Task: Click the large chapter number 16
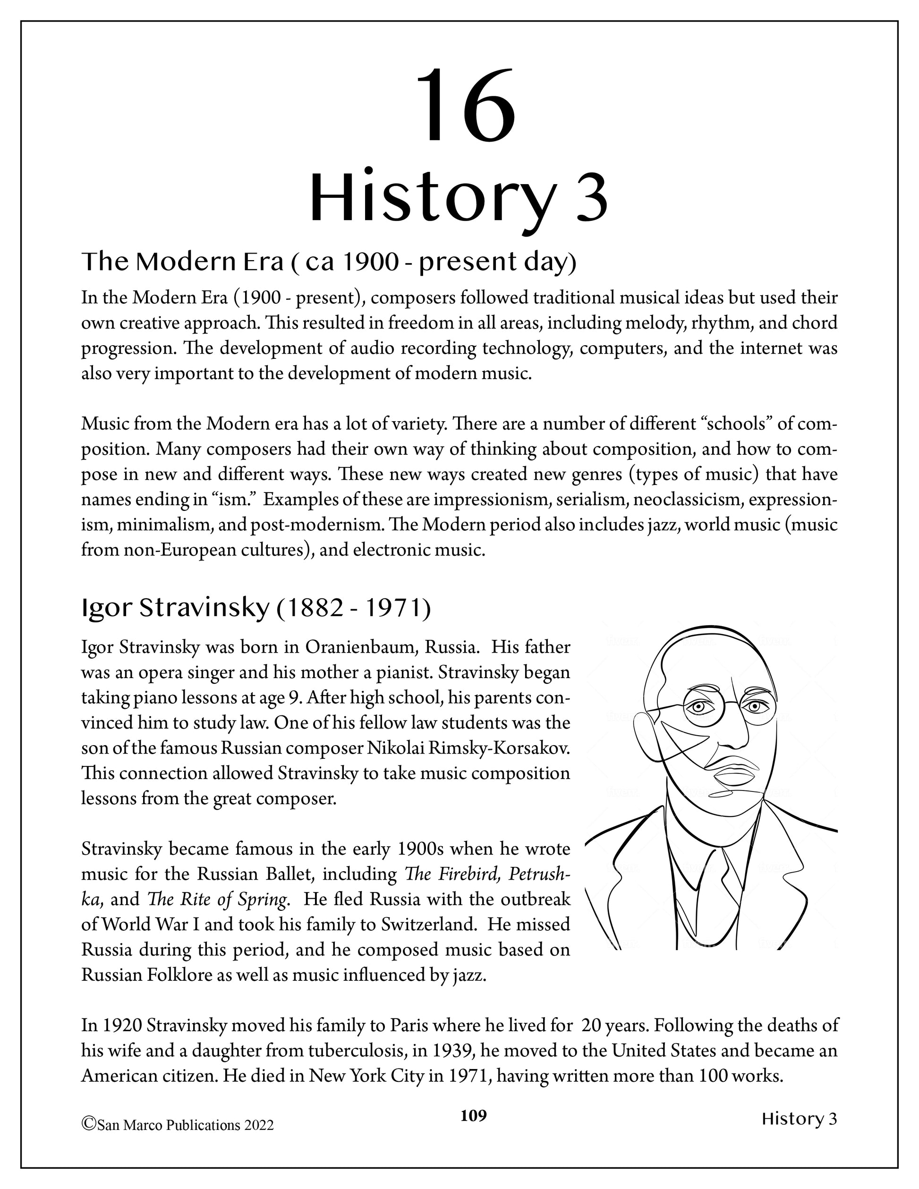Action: (x=465, y=105)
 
